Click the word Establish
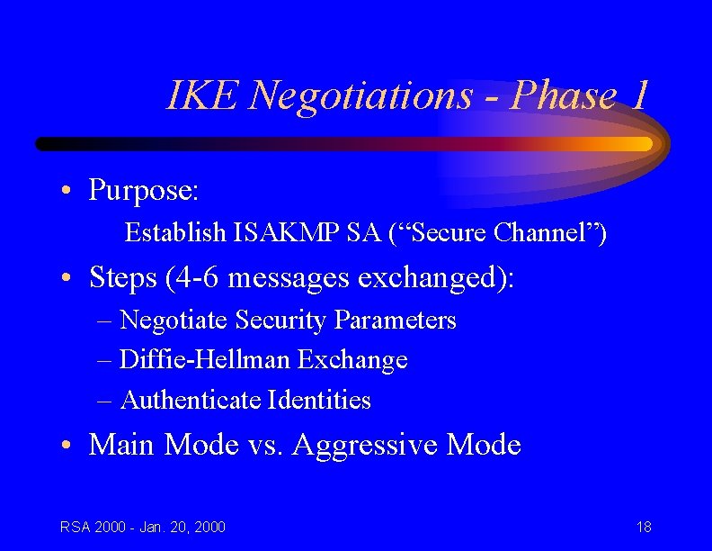[175, 233]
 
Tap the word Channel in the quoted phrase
[551, 233]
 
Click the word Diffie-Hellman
[205, 360]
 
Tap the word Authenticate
[191, 400]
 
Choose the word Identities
[320, 400]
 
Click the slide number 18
[644, 527]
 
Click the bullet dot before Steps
[68, 279]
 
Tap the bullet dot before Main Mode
[68, 446]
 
